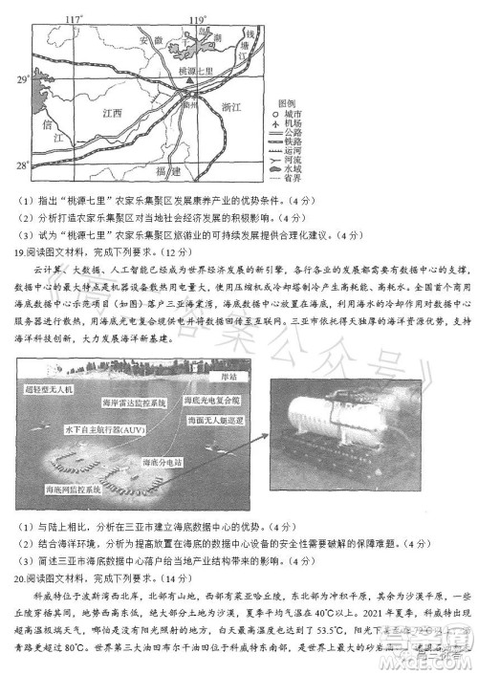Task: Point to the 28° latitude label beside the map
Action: pyautogui.click(x=21, y=163)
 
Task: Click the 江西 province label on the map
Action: pyautogui.click(x=112, y=112)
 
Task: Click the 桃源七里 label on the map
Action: pyautogui.click(x=199, y=73)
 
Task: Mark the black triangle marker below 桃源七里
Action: pyautogui.click(x=192, y=83)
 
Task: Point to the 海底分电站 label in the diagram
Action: pyautogui.click(x=161, y=461)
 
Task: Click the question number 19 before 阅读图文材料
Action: pyautogui.click(x=21, y=251)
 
